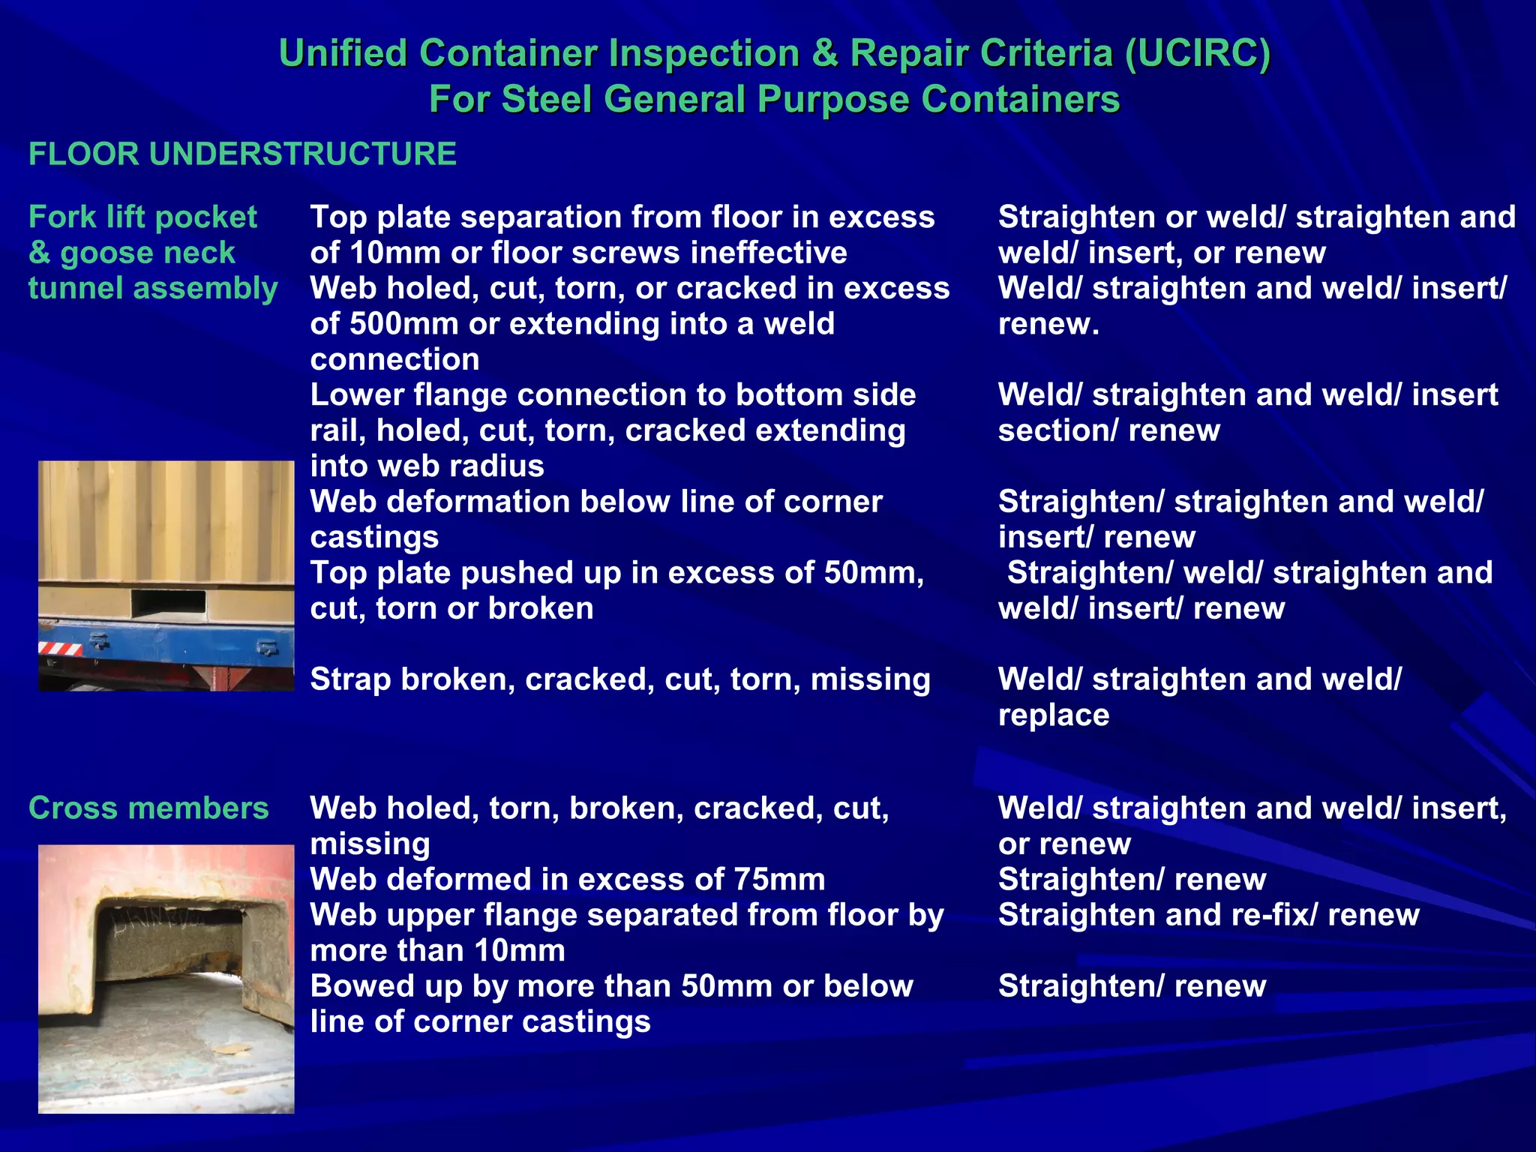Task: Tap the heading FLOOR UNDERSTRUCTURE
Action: tap(242, 154)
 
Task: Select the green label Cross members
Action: tap(148, 808)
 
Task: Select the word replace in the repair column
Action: tap(1053, 715)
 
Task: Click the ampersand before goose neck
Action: tap(39, 253)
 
